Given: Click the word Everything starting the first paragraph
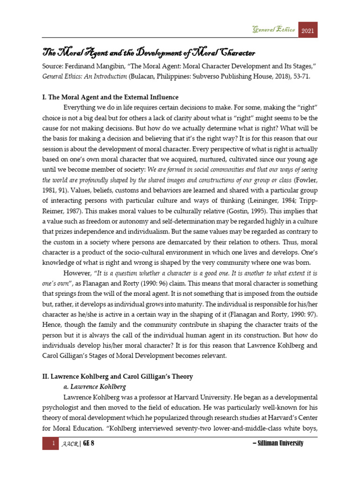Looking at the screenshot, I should [x=83, y=109].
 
